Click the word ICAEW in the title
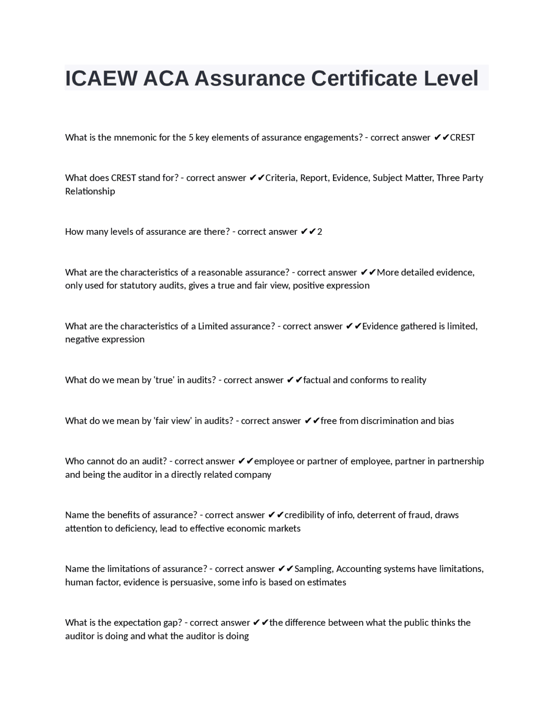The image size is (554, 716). point(101,78)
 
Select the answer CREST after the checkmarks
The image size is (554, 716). point(462,137)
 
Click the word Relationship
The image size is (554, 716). point(90,191)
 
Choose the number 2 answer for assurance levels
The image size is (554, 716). point(319,232)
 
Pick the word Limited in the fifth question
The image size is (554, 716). point(213,326)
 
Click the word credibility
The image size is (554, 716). point(304,515)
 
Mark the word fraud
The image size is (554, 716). point(419,515)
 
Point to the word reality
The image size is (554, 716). point(413,380)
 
